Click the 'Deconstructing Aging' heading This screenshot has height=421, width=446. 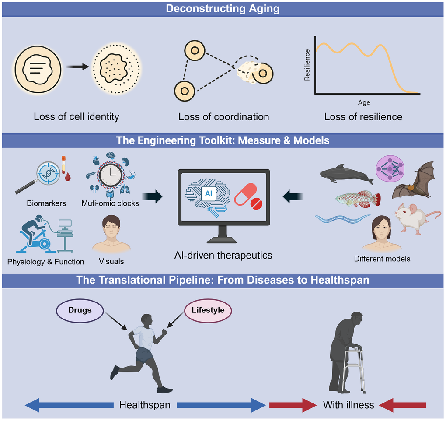tap(223, 9)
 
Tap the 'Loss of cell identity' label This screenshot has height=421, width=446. tap(77, 117)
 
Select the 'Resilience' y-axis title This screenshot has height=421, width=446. tap(307, 64)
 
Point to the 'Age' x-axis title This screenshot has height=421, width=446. tap(364, 103)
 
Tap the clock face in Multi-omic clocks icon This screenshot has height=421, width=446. tap(111, 175)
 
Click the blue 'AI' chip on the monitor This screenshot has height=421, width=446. tap(208, 192)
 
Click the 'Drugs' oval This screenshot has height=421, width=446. tap(80, 310)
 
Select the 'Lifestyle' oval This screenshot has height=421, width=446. tap(208, 310)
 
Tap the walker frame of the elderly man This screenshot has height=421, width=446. tap(355, 368)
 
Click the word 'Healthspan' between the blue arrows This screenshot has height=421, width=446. tap(144, 405)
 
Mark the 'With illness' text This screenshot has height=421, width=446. tap(348, 405)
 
